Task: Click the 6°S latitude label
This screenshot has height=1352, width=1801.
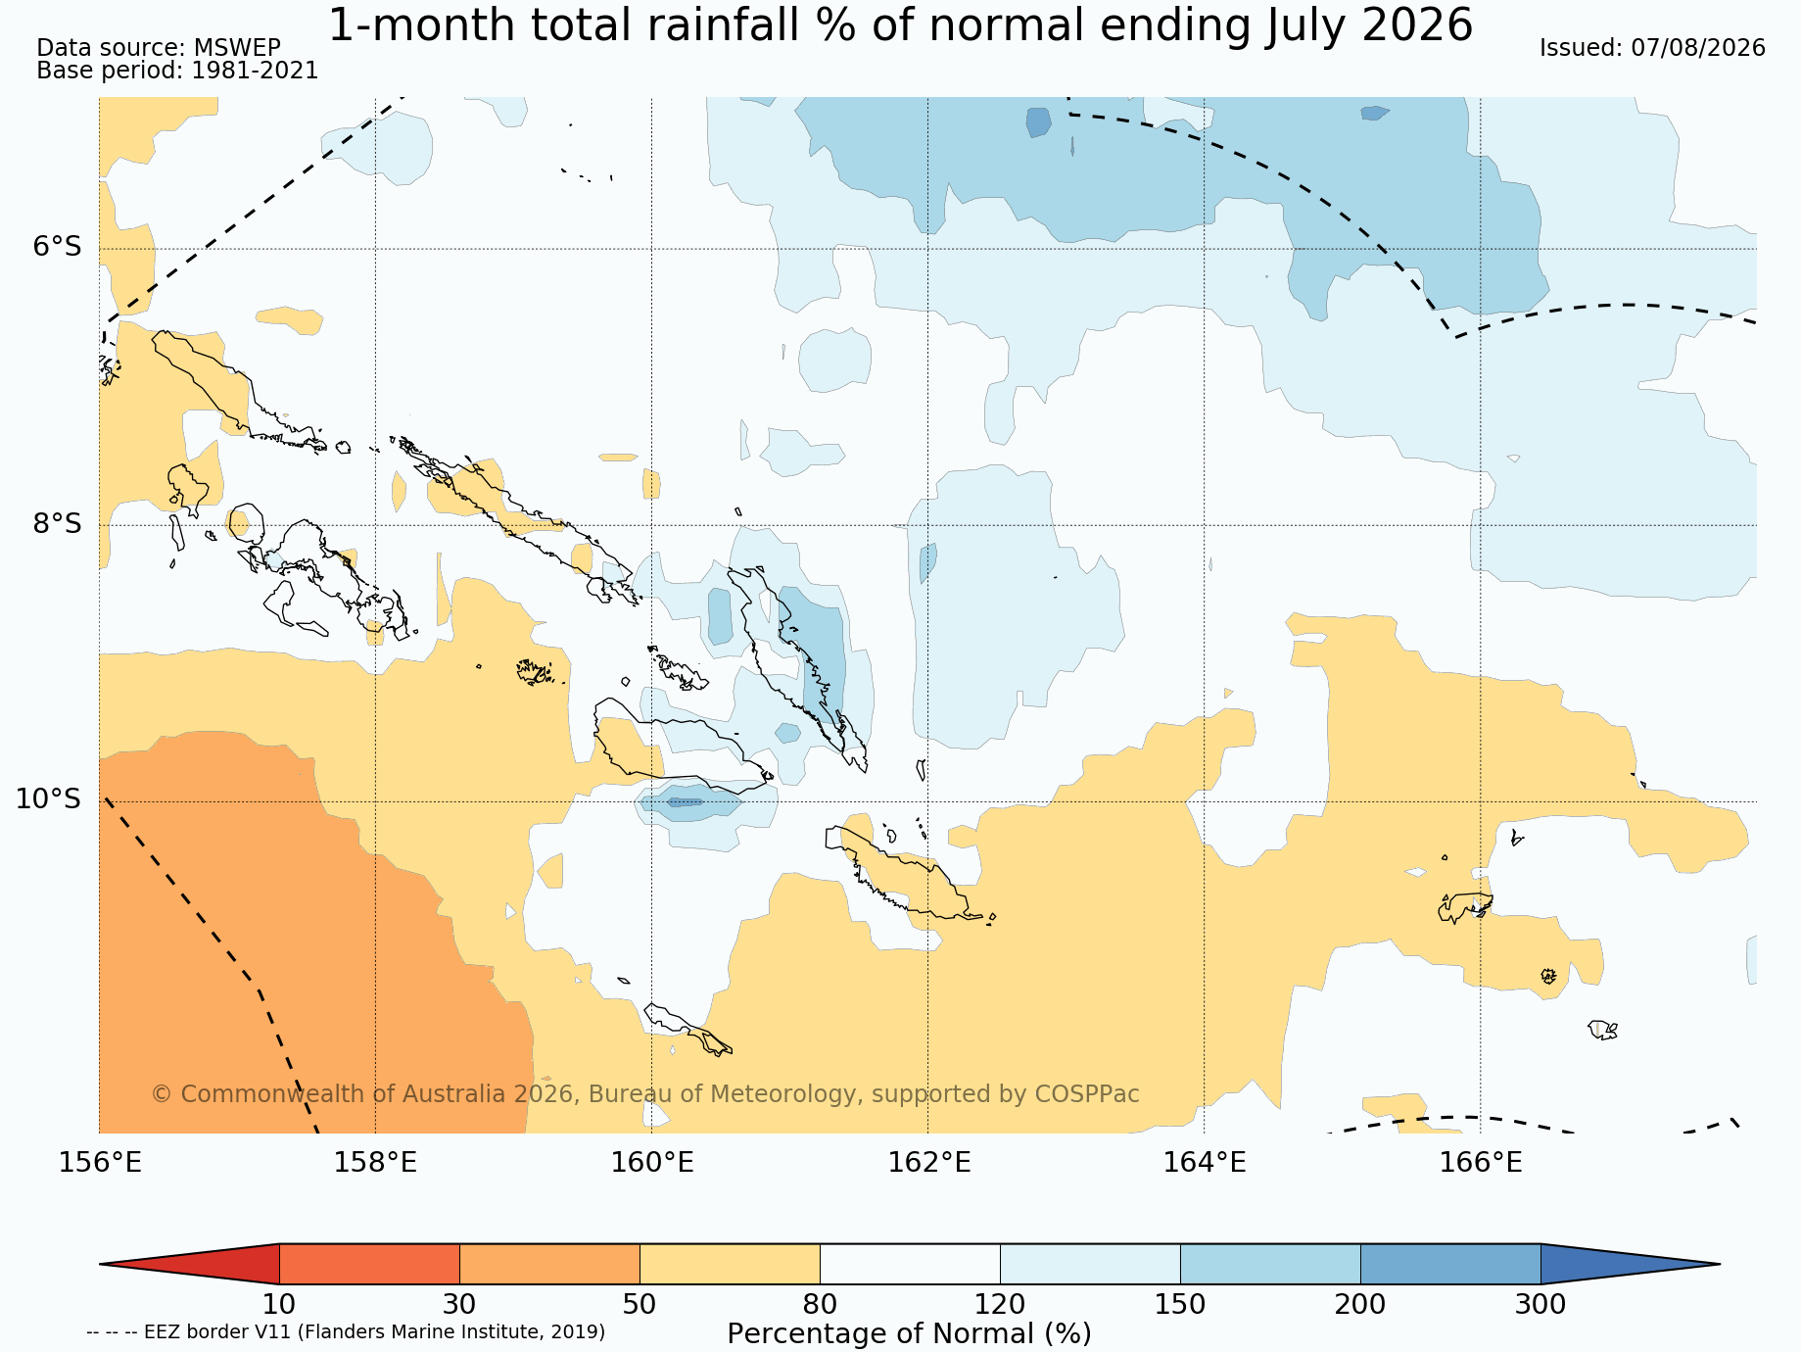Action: [x=58, y=247]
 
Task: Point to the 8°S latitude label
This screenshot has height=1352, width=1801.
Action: [x=58, y=523]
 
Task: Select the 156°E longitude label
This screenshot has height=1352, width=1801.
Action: [x=100, y=1163]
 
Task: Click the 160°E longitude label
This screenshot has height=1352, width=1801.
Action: [x=652, y=1163]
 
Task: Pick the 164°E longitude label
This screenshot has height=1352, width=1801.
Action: [x=1205, y=1163]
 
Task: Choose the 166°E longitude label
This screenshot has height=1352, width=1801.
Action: [x=1481, y=1163]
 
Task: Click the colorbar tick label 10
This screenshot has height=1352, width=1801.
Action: [x=279, y=1304]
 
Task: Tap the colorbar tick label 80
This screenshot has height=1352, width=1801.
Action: [x=820, y=1304]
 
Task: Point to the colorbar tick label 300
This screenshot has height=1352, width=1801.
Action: [x=1540, y=1304]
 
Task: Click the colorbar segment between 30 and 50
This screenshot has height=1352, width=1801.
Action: [x=549, y=1264]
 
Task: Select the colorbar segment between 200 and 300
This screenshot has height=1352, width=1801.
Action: [x=1450, y=1264]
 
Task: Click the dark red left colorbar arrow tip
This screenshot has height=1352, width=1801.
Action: [x=101, y=1264]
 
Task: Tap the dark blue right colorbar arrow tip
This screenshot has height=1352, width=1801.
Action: [x=1719, y=1264]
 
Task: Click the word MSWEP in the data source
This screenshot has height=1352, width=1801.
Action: [x=237, y=48]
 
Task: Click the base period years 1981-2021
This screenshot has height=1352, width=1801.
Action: [x=255, y=71]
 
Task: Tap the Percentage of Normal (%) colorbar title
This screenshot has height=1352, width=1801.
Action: [x=909, y=1333]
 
